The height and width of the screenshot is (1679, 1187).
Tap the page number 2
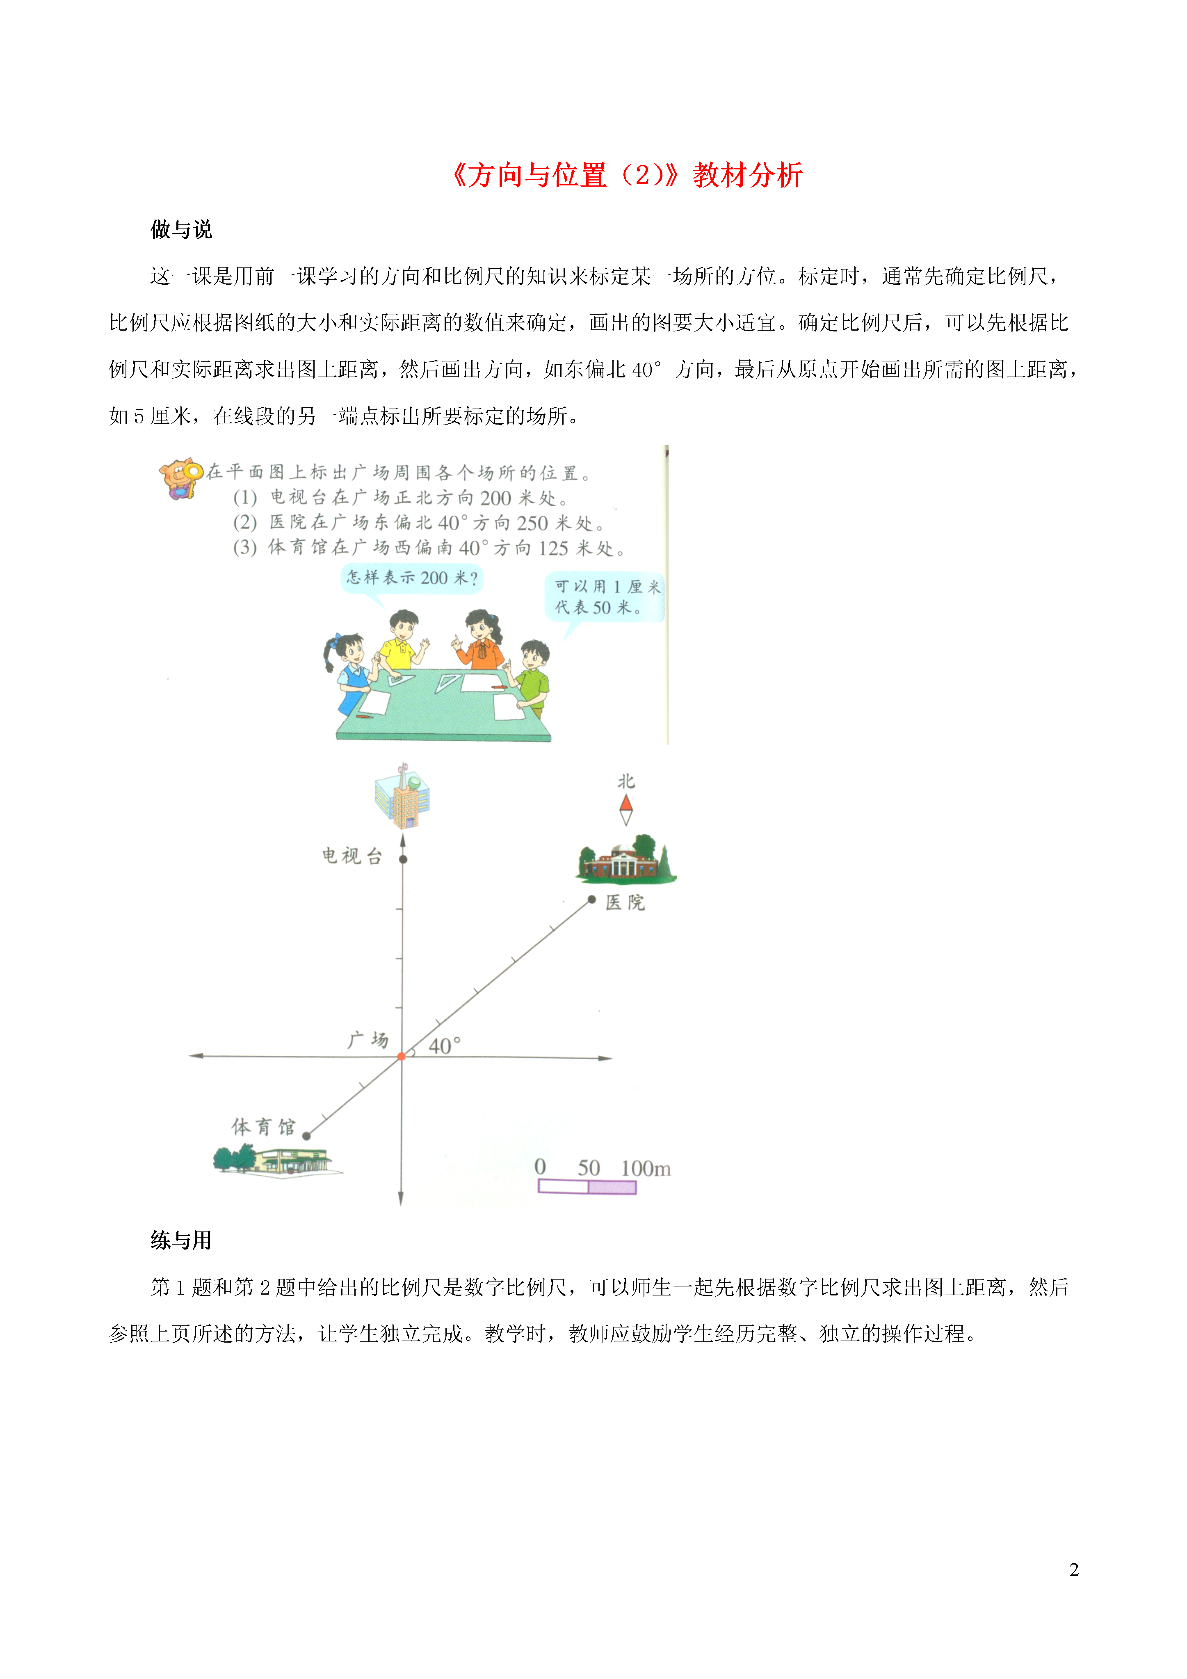pos(1074,1569)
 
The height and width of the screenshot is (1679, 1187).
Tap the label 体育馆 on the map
pos(263,1127)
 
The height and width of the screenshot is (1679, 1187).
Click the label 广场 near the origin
pos(368,1040)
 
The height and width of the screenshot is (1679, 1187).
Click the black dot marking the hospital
pos(592,900)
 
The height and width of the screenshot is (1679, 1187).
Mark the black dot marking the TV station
pos(403,859)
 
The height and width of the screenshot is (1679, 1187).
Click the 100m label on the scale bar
pos(646,1168)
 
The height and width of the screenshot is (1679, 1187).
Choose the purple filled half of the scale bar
pos(612,1187)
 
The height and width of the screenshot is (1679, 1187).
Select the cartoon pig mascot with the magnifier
pos(180,478)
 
